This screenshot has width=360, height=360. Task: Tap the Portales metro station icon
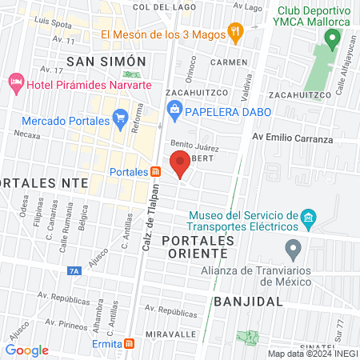(155, 172)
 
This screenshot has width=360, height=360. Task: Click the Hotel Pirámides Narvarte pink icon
(15, 82)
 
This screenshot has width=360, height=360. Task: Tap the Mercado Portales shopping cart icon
(121, 120)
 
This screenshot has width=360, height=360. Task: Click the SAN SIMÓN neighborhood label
(106, 62)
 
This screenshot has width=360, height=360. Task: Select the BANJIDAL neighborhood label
(249, 302)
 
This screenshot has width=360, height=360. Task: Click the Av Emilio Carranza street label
(293, 139)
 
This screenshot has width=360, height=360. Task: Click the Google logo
(27, 350)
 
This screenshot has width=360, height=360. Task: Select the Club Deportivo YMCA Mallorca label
(314, 16)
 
